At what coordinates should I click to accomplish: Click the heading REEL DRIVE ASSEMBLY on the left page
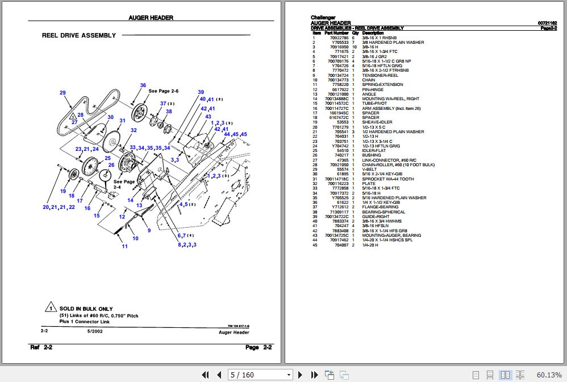[78, 35]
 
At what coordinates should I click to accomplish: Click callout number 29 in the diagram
[62, 93]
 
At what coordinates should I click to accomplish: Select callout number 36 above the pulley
[143, 85]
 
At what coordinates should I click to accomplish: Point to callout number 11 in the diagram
[124, 247]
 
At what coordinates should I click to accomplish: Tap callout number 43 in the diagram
[208, 116]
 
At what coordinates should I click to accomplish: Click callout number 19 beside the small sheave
[64, 191]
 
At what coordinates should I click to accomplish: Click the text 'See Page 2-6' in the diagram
[163, 91]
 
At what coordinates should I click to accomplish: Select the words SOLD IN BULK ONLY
[86, 309]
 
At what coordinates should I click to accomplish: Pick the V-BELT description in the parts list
[370, 169]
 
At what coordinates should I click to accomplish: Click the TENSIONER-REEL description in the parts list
[380, 76]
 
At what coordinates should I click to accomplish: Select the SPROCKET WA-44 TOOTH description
[388, 179]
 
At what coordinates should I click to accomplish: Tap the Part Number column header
[337, 33]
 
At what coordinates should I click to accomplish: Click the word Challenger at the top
[323, 18]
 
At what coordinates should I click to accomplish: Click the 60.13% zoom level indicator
[549, 375]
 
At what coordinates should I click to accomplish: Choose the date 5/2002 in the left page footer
[94, 331]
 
